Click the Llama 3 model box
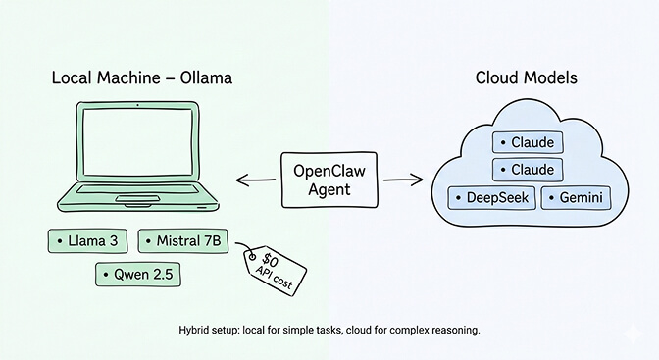(87, 240)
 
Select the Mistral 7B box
(181, 240)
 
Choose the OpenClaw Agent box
(329, 180)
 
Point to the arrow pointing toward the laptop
(254, 180)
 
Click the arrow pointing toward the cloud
(402, 180)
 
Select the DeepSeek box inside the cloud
(490, 198)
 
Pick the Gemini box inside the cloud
(575, 198)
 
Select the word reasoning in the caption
(451, 332)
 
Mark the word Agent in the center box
(329, 190)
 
